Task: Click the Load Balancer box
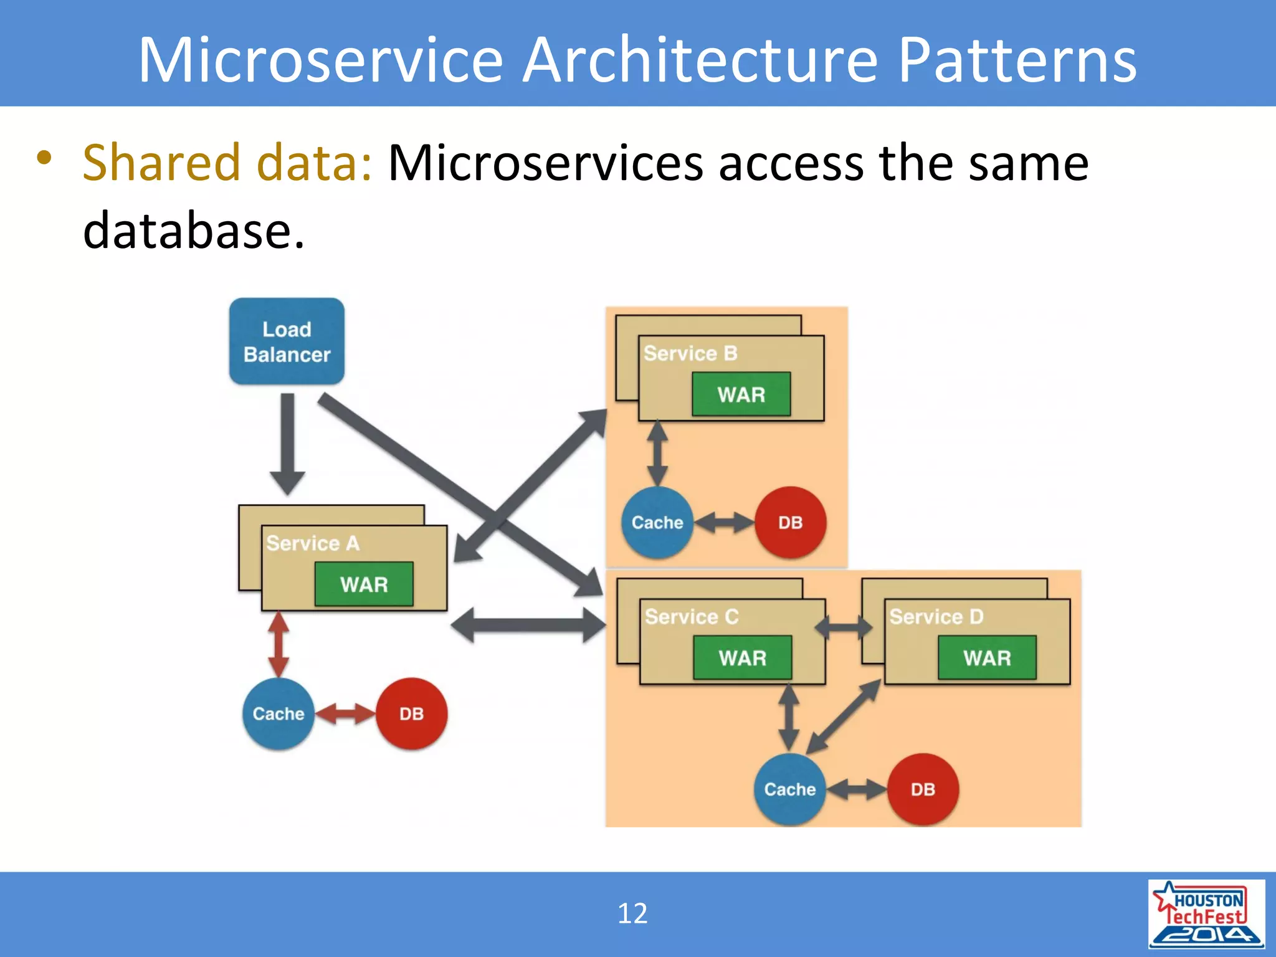pyautogui.click(x=287, y=341)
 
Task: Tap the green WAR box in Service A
pyautogui.click(x=364, y=584)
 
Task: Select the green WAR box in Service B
pyautogui.click(x=741, y=394)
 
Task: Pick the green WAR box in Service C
pyautogui.click(x=742, y=657)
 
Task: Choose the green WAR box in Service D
pyautogui.click(x=987, y=657)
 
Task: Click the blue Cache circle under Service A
pyautogui.click(x=278, y=713)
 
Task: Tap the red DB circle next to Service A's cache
pyautogui.click(x=411, y=713)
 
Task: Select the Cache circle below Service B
pyautogui.click(x=657, y=522)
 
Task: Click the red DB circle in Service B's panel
pyautogui.click(x=790, y=522)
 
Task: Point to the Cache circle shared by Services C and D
pyautogui.click(x=789, y=789)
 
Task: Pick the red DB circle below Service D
pyautogui.click(x=923, y=789)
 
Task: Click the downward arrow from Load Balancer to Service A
pyautogui.click(x=287, y=442)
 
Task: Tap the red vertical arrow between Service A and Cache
pyautogui.click(x=278, y=644)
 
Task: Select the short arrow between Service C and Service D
pyautogui.click(x=844, y=627)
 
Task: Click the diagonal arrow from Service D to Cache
pyautogui.click(x=844, y=717)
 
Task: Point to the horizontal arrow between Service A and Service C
pyautogui.click(x=528, y=625)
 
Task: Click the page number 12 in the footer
pyautogui.click(x=632, y=913)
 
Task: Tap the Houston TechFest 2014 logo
pyautogui.click(x=1206, y=913)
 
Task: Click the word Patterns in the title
pyautogui.click(x=1017, y=60)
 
